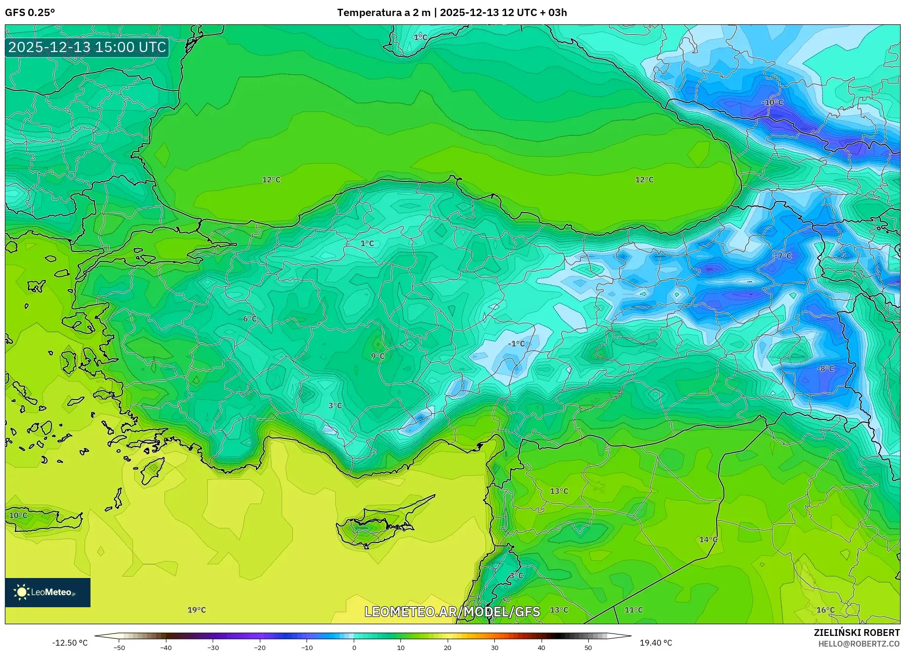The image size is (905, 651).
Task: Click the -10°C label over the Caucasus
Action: click(x=772, y=103)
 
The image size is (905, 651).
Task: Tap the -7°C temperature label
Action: click(x=783, y=256)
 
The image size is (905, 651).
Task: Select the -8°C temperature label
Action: click(x=826, y=369)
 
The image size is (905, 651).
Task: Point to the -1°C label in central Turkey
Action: click(x=516, y=344)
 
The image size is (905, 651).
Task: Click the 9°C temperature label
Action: click(x=378, y=356)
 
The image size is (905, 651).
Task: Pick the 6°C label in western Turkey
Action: click(x=250, y=319)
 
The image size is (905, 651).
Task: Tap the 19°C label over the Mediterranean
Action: click(x=197, y=610)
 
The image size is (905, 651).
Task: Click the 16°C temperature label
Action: click(x=825, y=610)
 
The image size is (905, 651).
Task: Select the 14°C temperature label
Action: click(x=708, y=540)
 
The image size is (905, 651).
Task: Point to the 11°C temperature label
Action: click(x=633, y=610)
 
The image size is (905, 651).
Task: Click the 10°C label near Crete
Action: click(x=18, y=515)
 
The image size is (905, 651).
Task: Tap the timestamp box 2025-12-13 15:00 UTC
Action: click(x=87, y=47)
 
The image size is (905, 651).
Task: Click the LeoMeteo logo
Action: click(x=48, y=592)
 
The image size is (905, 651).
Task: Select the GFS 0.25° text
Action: click(x=30, y=13)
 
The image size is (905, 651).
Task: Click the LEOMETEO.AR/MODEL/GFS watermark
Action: click(x=452, y=612)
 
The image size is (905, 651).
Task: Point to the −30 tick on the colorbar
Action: click(x=213, y=648)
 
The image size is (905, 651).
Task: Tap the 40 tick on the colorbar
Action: click(x=542, y=648)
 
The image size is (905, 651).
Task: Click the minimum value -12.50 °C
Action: click(x=70, y=643)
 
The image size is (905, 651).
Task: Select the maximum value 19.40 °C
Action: click(x=655, y=643)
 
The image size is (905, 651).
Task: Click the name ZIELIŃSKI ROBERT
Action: click(x=856, y=633)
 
